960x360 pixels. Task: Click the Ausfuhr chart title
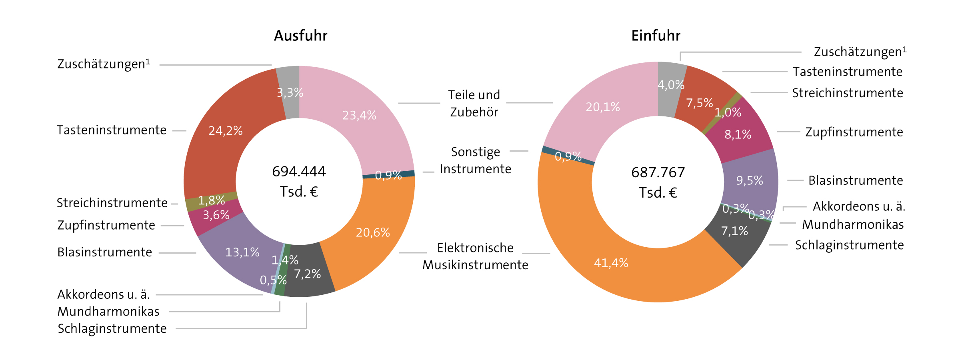[x=300, y=36]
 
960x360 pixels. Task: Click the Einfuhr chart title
[x=656, y=36]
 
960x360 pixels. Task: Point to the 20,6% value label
[x=372, y=232]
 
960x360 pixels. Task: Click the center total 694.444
[x=299, y=172]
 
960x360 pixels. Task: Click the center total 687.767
[x=658, y=172]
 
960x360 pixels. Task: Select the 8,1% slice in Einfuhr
[x=738, y=134]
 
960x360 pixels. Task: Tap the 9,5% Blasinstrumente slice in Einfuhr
[x=750, y=180]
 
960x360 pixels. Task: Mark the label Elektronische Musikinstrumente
[x=475, y=256]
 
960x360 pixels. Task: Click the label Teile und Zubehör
[x=474, y=103]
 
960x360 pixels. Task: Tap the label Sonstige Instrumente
[x=475, y=160]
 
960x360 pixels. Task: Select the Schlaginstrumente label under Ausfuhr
[x=112, y=328]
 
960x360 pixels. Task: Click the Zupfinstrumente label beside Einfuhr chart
[x=854, y=132]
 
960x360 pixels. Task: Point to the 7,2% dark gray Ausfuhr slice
[x=307, y=274]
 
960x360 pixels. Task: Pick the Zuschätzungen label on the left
[x=103, y=64]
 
